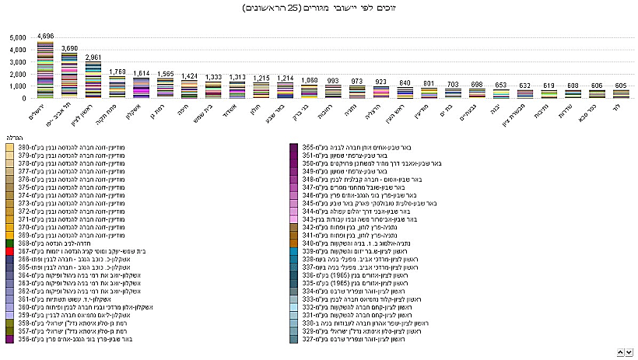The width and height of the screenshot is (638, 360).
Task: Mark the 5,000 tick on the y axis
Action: tap(16, 37)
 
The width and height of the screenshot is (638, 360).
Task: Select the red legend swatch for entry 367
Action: tap(9, 251)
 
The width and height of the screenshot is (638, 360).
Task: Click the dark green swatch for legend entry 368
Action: tap(9, 243)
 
